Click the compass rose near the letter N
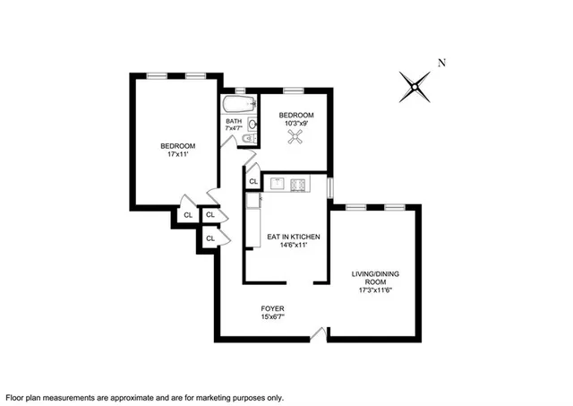click(x=415, y=87)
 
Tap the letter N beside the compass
click(x=440, y=63)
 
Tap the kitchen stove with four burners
click(x=298, y=185)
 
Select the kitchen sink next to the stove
click(x=277, y=185)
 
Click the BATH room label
click(x=234, y=121)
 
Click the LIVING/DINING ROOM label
click(x=373, y=277)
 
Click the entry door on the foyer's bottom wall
click(x=317, y=336)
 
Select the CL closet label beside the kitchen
click(x=253, y=181)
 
